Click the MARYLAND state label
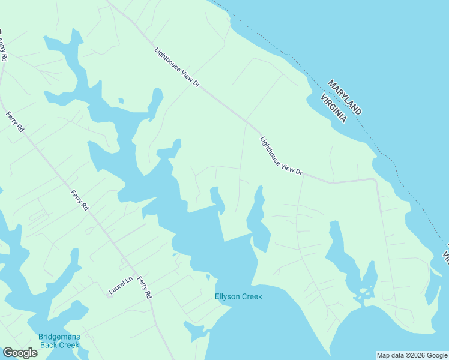point(345,96)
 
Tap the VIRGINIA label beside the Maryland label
point(334,108)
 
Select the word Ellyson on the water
point(228,296)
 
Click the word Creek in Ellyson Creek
point(252,296)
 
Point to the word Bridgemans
point(59,337)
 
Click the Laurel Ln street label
point(120,286)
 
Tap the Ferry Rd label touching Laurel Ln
point(145,287)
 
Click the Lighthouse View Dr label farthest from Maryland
point(176,68)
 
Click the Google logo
point(20,353)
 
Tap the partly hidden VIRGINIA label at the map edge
point(446,252)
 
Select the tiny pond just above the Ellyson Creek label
point(208,277)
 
